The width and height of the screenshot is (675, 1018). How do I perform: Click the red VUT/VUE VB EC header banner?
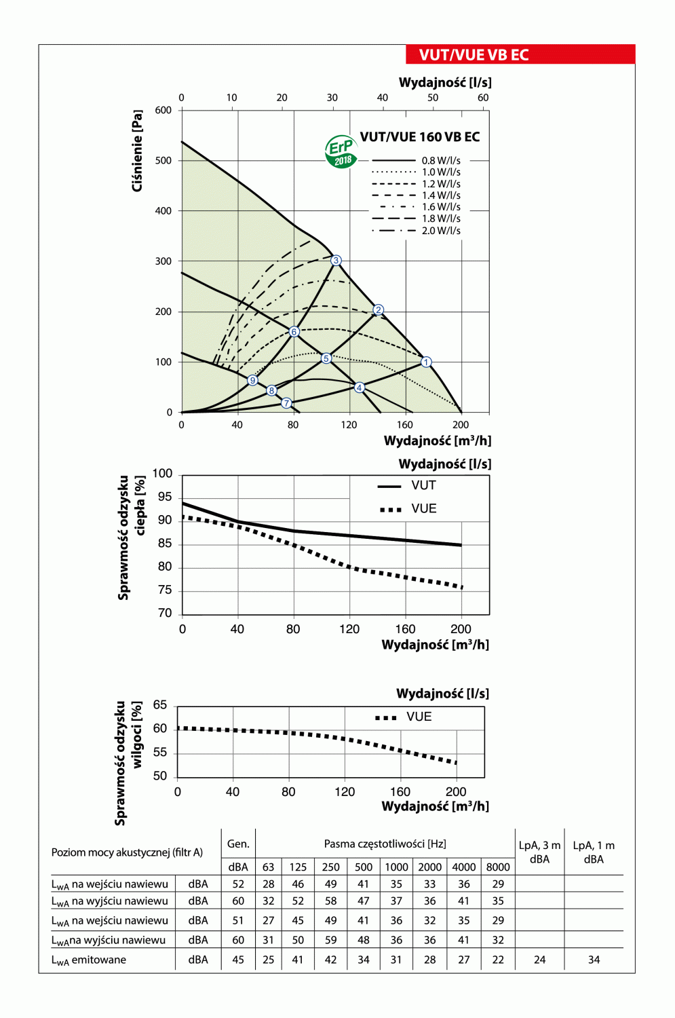pos(520,54)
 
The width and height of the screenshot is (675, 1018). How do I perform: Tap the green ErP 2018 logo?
pos(341,151)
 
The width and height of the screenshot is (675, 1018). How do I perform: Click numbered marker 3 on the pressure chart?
pos(336,261)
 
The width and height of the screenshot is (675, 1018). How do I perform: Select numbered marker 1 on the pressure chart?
pos(426,362)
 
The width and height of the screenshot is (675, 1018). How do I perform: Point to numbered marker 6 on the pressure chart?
pos(294,332)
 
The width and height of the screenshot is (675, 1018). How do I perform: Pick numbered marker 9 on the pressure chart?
pos(252,380)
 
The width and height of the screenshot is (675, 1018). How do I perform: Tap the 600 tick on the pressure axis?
pos(163,110)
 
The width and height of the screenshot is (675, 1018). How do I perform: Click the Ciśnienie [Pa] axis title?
pos(138,151)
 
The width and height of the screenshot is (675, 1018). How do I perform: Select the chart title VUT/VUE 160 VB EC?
pos(419,137)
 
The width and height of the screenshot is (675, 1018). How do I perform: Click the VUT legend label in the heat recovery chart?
pos(423,485)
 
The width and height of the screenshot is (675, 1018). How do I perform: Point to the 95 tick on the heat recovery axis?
pos(165,497)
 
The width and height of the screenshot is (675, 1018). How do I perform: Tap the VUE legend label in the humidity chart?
pos(419,717)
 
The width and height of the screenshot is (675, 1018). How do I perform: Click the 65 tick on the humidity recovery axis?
pos(160,705)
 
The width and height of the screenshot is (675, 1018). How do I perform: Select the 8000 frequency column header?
pos(498,867)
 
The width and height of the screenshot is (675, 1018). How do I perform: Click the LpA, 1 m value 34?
pos(594,960)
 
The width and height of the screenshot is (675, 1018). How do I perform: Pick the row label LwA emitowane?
pos(89,960)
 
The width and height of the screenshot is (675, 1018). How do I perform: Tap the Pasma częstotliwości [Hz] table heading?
pos(385,844)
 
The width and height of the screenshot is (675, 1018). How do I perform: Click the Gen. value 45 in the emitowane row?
pos(238,960)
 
